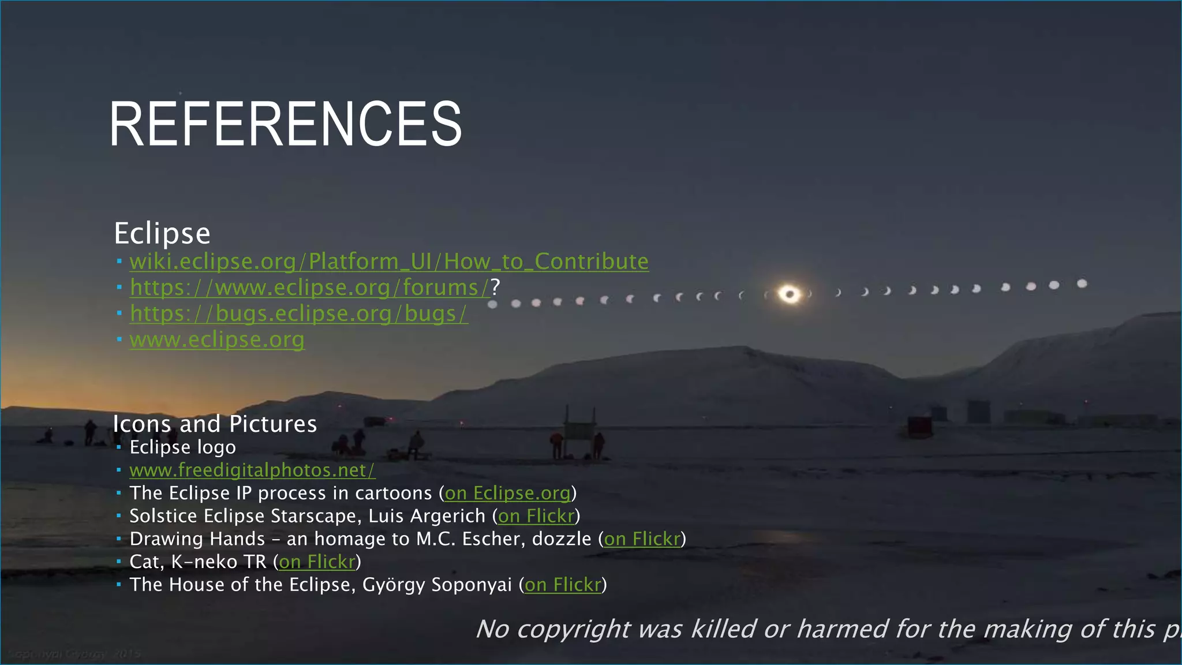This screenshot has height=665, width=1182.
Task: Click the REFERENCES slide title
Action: [285, 124]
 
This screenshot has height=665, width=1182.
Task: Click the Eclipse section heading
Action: [162, 234]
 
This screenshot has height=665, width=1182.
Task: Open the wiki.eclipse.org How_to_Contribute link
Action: [388, 261]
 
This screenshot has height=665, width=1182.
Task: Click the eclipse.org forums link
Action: [309, 287]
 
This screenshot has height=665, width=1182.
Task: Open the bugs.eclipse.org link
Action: [298, 313]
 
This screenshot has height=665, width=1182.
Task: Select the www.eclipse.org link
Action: [216, 339]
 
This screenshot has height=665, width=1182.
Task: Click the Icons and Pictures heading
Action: [215, 424]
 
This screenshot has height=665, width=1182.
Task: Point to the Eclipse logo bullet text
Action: [182, 447]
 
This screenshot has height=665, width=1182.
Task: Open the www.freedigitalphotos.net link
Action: [252, 470]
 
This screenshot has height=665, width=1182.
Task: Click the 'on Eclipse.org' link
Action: [507, 494]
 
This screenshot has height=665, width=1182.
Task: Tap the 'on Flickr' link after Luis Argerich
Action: [536, 516]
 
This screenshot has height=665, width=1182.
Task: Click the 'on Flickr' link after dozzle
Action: [642, 539]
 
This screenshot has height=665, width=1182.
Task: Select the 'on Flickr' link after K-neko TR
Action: [317, 562]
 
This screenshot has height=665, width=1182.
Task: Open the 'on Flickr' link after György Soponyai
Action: [563, 585]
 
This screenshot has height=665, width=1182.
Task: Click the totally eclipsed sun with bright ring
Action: [790, 294]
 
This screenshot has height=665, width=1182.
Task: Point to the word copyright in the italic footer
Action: [573, 629]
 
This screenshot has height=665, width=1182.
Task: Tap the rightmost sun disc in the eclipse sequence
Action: [1082, 283]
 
